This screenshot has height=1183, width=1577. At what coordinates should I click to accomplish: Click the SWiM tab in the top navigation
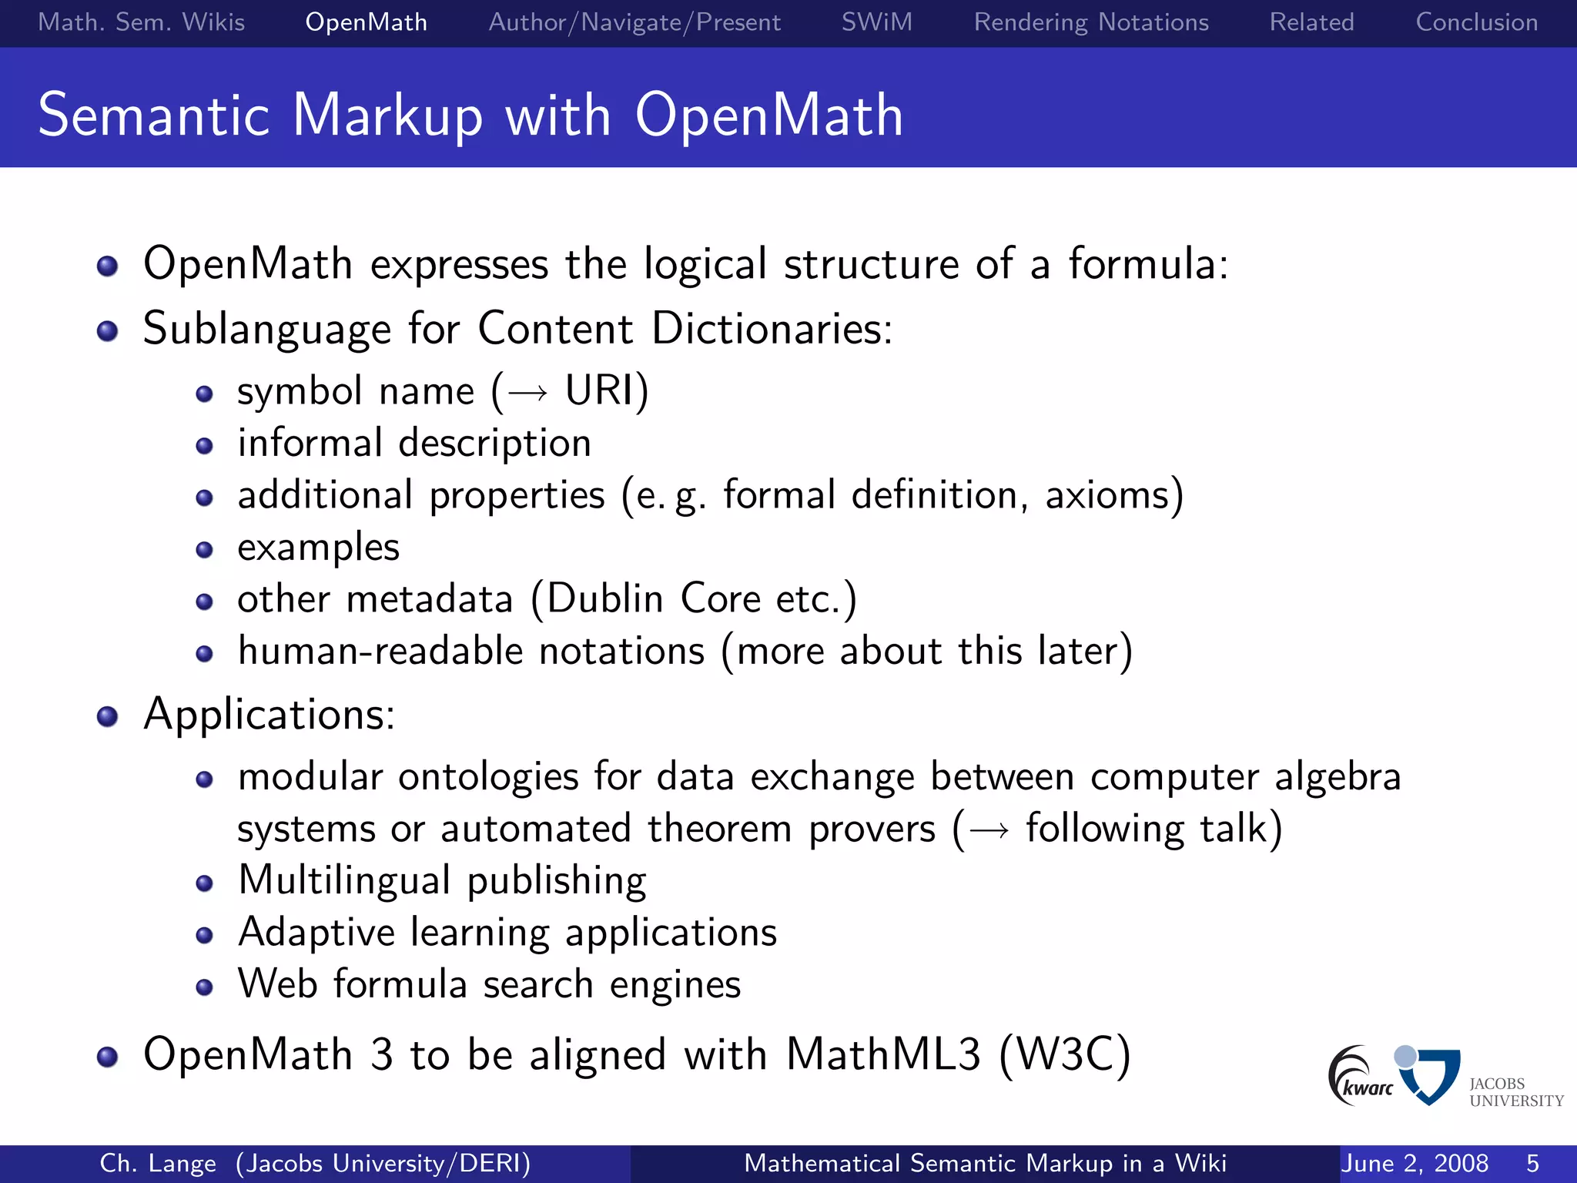coord(876,22)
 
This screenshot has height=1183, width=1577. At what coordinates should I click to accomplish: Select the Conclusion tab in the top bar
coord(1476,22)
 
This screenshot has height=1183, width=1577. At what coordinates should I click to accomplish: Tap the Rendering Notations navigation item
coord(1090,22)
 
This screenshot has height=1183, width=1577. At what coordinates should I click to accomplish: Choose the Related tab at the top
coord(1311,22)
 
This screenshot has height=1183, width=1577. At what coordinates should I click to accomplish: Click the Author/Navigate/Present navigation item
coord(634,22)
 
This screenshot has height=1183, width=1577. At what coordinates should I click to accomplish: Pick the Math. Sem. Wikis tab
coord(141,22)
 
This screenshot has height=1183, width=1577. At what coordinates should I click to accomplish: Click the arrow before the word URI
coord(528,394)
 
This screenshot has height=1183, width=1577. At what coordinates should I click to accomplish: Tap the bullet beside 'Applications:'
coord(107,717)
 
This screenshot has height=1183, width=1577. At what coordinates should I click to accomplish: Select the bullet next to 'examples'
coord(204,550)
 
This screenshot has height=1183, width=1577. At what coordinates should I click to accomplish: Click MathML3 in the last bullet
coord(883,1054)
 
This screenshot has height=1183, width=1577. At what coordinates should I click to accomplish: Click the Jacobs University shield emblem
coord(1431,1075)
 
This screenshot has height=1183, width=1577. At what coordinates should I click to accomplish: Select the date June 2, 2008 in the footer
coord(1415,1163)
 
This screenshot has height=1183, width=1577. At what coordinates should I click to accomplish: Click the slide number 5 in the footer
coord(1532,1163)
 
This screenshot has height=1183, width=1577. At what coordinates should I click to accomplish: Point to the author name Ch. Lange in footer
coord(158,1163)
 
